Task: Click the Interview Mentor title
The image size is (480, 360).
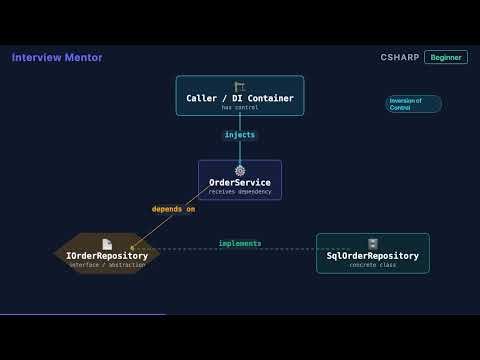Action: pyautogui.click(x=57, y=58)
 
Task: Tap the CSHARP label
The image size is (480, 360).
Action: pyautogui.click(x=399, y=58)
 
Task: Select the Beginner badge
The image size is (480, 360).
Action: pyautogui.click(x=446, y=58)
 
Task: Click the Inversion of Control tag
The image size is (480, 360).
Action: pyautogui.click(x=413, y=104)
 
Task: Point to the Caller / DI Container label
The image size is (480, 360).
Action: pyautogui.click(x=240, y=98)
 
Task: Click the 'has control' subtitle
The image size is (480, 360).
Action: pyautogui.click(x=240, y=107)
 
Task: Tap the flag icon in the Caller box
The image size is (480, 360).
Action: pyautogui.click(x=240, y=86)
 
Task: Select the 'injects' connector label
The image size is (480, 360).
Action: pyautogui.click(x=240, y=134)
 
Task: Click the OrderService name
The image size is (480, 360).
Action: pyautogui.click(x=240, y=182)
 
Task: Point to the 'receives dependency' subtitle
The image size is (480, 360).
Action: pyautogui.click(x=240, y=191)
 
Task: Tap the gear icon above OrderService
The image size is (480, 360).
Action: pyautogui.click(x=240, y=171)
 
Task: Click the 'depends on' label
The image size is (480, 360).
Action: pyautogui.click(x=173, y=209)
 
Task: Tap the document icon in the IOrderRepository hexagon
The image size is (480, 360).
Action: pyautogui.click(x=107, y=244)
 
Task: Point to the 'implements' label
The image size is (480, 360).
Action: pyautogui.click(x=240, y=243)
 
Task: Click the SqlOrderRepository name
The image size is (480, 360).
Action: pyautogui.click(x=373, y=256)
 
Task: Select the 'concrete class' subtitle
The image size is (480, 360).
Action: pyautogui.click(x=373, y=265)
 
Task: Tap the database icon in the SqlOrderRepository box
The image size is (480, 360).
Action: pyautogui.click(x=373, y=244)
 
